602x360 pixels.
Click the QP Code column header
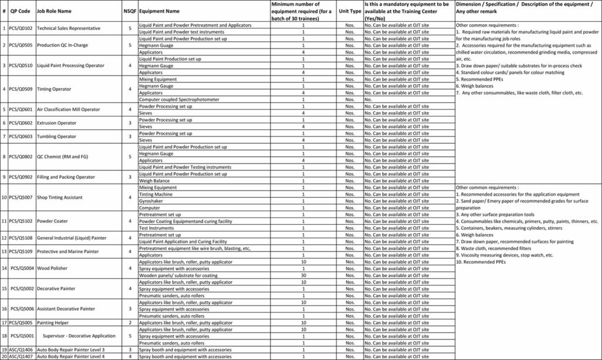[x=20, y=11]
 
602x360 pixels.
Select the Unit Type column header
[x=350, y=11]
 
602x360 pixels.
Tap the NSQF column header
[x=130, y=11]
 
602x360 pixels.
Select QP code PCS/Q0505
[x=21, y=45]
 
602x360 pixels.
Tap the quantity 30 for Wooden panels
[x=303, y=275]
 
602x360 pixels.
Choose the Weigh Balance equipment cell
[x=155, y=181]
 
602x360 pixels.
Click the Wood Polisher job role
[x=52, y=268]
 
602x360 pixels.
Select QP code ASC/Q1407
[x=21, y=356]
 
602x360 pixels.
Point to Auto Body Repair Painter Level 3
[x=71, y=350]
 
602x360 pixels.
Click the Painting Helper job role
[x=53, y=322]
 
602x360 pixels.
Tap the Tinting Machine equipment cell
[x=156, y=194]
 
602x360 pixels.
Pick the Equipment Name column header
[x=159, y=11]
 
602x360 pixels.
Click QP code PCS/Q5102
[x=21, y=221]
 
